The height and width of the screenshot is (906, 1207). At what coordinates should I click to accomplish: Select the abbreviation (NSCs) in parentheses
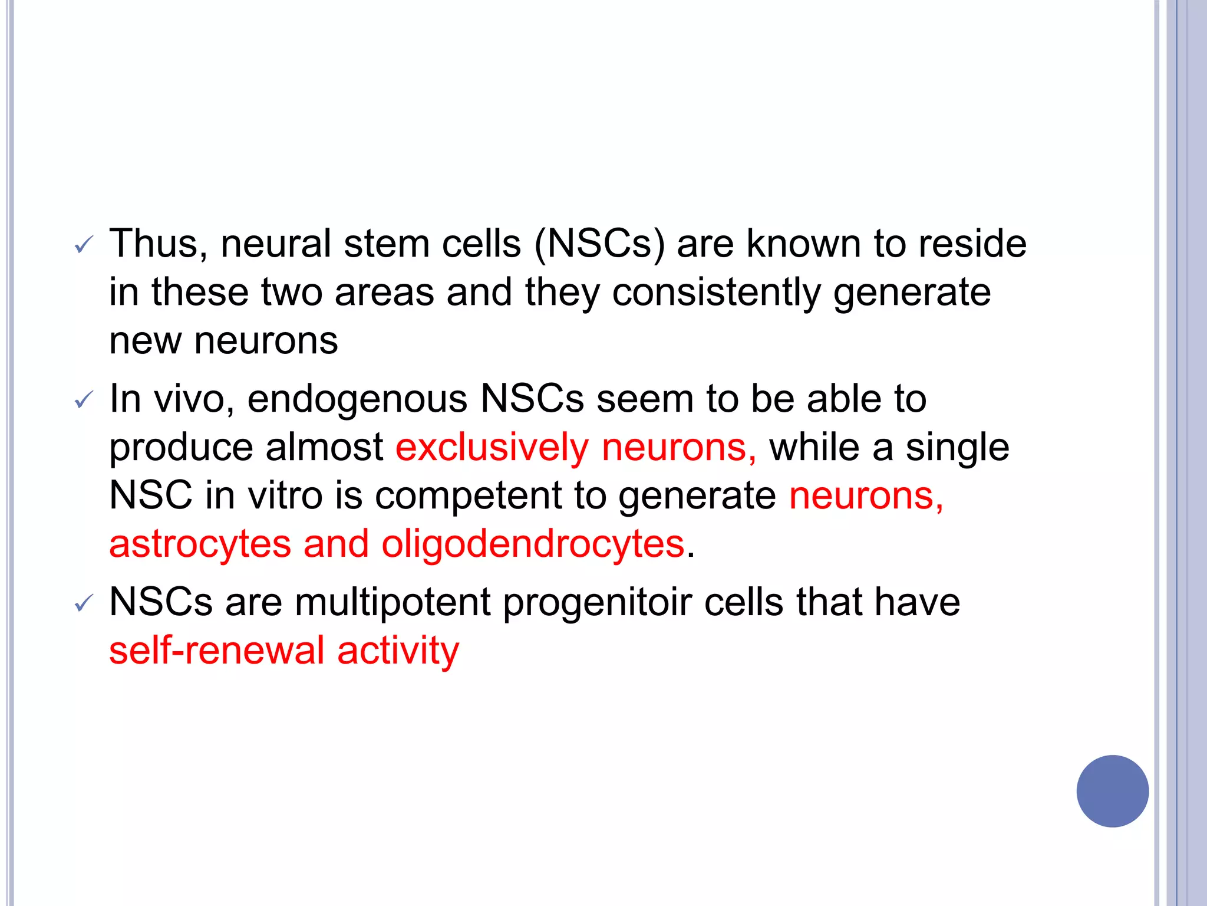[599, 244]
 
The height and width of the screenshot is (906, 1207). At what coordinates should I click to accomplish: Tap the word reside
[972, 244]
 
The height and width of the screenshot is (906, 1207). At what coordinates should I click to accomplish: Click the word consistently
[716, 293]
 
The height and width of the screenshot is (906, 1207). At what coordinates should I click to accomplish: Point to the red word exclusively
[492, 447]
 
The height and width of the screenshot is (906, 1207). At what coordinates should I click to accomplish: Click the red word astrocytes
[200, 544]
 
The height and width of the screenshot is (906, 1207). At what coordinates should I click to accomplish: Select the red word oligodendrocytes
[532, 544]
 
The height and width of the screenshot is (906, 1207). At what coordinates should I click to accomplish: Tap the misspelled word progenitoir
[597, 603]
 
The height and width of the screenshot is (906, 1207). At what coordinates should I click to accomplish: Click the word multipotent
[393, 603]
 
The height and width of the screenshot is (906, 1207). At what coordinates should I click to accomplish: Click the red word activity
[398, 651]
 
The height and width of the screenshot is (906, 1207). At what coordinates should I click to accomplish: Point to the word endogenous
[357, 399]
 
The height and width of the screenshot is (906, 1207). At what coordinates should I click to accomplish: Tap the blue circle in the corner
[1112, 791]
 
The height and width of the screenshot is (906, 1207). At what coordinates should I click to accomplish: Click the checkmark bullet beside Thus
[84, 245]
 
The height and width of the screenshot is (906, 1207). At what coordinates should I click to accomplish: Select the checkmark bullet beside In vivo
[84, 401]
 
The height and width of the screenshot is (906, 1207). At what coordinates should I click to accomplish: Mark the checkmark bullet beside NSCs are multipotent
[84, 604]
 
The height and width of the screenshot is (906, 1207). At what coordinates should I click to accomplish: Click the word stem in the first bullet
[386, 244]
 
